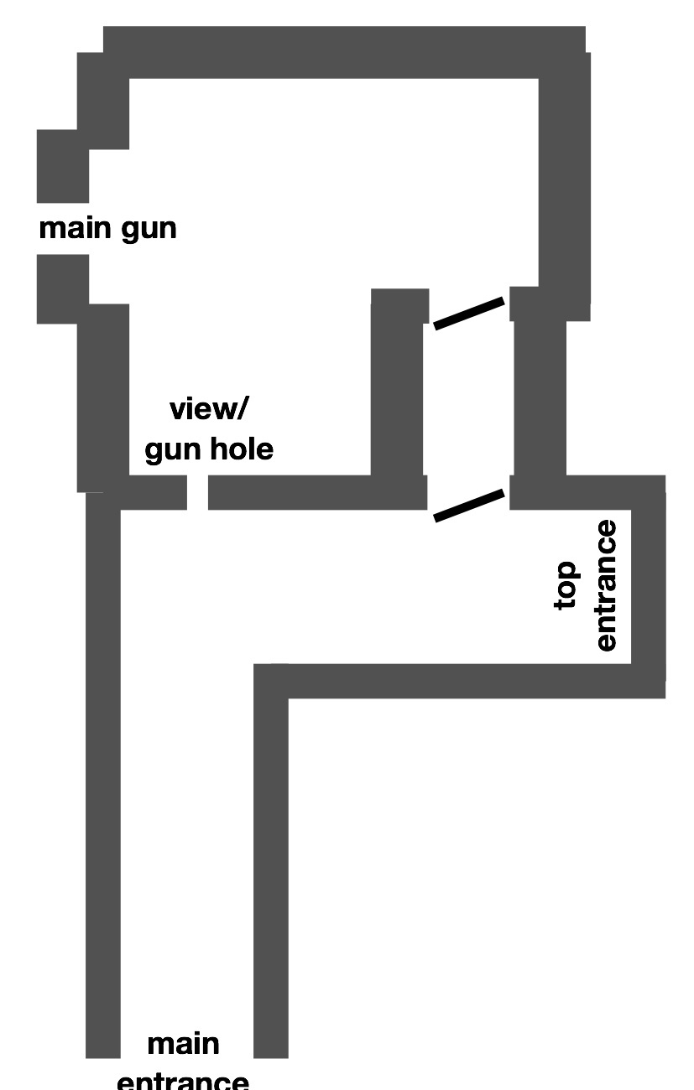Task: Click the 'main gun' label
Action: [107, 229]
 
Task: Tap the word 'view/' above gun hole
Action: [209, 410]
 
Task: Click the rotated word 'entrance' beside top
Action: [605, 585]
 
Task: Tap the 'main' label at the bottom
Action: [183, 1045]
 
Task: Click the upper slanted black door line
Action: [468, 313]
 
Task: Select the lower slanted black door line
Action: [468, 506]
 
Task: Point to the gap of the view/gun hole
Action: [197, 492]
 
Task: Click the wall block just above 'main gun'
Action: [63, 166]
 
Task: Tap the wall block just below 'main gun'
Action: [63, 288]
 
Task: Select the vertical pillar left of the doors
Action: [398, 394]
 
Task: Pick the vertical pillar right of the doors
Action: [539, 394]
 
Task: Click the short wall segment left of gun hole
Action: [153, 492]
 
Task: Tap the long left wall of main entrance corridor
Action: [103, 780]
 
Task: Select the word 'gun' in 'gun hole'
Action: [175, 450]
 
